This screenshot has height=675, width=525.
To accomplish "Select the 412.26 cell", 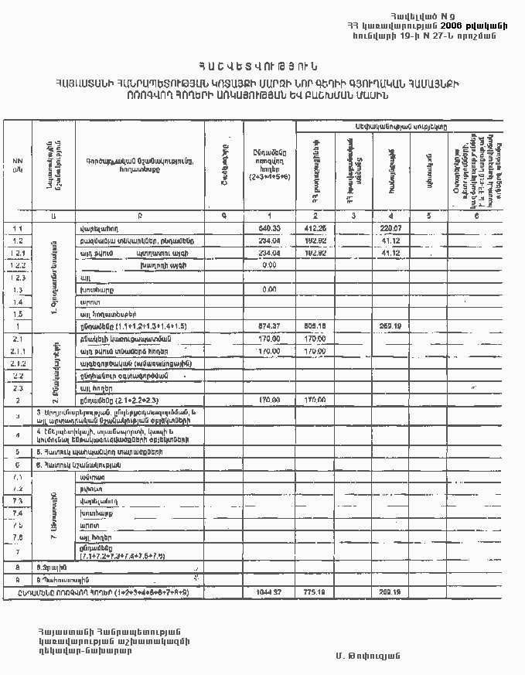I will [315, 228].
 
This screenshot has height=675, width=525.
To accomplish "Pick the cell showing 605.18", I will [315, 326].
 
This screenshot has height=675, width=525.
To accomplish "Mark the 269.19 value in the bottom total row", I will [391, 592].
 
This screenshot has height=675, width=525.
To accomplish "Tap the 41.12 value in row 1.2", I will [391, 240].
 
